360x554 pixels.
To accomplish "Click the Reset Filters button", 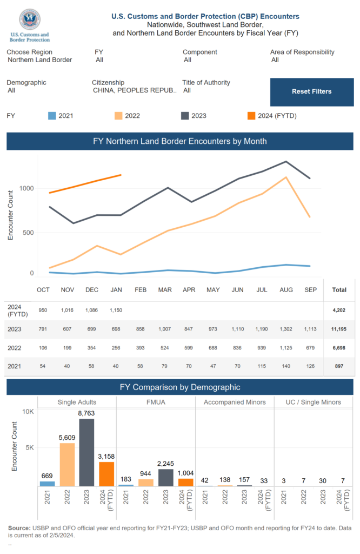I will pyautogui.click(x=311, y=91).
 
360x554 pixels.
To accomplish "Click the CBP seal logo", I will pyautogui.click(x=29, y=20).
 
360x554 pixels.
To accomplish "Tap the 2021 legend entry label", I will pyautogui.click(x=66, y=116).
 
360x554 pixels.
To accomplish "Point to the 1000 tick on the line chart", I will pyautogui.click(x=27, y=188).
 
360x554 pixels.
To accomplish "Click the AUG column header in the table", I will pyautogui.click(x=286, y=290).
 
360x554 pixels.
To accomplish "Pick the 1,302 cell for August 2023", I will pyautogui.click(x=286, y=329).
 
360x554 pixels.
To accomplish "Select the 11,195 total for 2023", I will pyautogui.click(x=339, y=329).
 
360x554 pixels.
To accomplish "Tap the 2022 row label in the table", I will pyautogui.click(x=15, y=348).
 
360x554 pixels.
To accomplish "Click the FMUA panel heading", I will pyautogui.click(x=156, y=402).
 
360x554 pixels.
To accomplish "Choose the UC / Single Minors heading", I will pyautogui.click(x=314, y=402).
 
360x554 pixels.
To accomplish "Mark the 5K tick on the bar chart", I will pyautogui.click(x=27, y=448).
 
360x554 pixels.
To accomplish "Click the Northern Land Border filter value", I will pyautogui.click(x=40, y=60).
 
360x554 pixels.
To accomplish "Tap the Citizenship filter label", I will pyautogui.click(x=108, y=83).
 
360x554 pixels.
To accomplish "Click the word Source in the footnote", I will pyautogui.click(x=19, y=528).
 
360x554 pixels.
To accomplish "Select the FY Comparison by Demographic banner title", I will pyautogui.click(x=180, y=387).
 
